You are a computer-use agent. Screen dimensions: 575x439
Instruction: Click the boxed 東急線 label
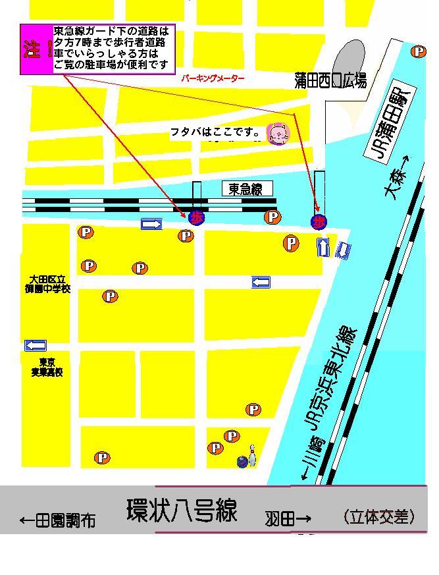(x=245, y=190)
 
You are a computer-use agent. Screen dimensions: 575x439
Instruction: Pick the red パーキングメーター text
(x=213, y=78)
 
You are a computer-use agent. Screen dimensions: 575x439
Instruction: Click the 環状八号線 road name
(x=182, y=510)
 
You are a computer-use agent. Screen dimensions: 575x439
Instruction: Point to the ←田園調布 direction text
(x=57, y=521)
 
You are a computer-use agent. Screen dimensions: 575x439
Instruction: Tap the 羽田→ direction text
(x=288, y=519)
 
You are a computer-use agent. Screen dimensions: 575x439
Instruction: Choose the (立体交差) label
(x=379, y=517)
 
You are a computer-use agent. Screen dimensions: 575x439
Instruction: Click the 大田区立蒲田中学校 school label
(x=45, y=284)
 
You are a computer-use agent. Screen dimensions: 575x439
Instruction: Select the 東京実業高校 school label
(x=47, y=368)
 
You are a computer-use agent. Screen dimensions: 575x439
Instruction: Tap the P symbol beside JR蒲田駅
(x=418, y=51)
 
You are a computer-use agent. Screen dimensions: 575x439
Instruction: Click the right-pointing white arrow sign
(x=151, y=225)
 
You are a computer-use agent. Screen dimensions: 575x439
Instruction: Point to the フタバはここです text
(x=216, y=132)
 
